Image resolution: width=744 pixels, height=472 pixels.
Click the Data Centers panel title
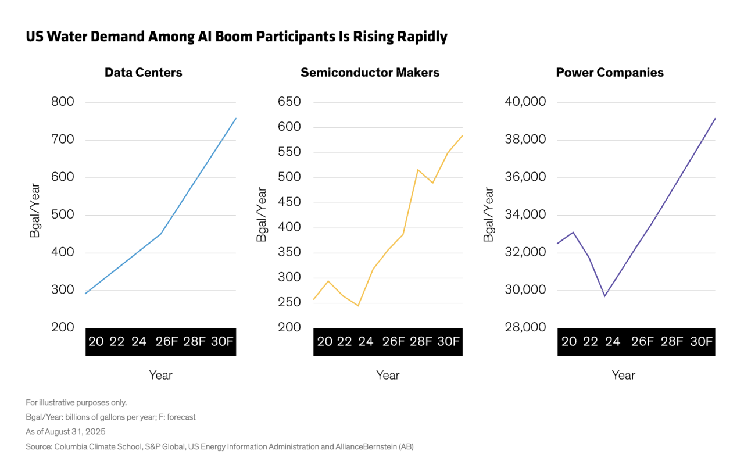[x=143, y=73]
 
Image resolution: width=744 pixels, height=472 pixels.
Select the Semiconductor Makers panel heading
[x=370, y=73]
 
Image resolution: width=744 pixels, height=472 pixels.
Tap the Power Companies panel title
[x=610, y=73]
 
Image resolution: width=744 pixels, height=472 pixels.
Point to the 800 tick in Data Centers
[x=62, y=102]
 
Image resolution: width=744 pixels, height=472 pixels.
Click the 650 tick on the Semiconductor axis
[x=289, y=102]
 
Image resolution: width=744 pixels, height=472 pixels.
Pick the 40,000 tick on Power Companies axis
[x=525, y=102]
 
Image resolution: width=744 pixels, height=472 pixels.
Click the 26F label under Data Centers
[x=167, y=341]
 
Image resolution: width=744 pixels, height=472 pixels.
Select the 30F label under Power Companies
[x=701, y=341]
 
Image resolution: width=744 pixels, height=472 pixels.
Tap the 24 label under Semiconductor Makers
[x=366, y=341]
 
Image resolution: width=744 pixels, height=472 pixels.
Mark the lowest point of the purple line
[x=605, y=296]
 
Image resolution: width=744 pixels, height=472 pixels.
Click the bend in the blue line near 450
[x=160, y=234]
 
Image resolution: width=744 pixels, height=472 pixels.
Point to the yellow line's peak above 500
[x=418, y=170]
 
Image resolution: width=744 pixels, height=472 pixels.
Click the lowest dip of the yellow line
[x=358, y=306]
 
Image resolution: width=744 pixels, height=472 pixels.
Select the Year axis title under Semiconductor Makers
[x=388, y=376]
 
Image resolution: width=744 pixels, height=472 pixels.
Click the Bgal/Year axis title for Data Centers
[x=34, y=210]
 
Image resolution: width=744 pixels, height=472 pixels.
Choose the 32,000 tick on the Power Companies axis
[x=525, y=252]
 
